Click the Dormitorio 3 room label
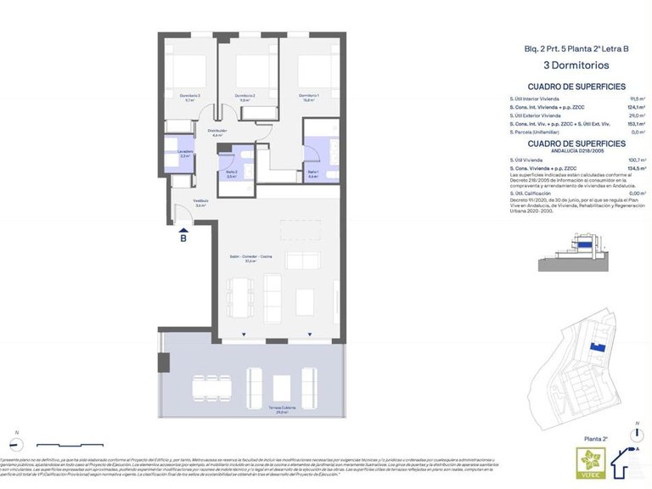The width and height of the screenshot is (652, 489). (x=189, y=97)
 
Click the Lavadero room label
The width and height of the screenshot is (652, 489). (x=185, y=154)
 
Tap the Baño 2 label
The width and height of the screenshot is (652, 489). (x=231, y=174)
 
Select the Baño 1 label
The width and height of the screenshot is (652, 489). (x=312, y=175)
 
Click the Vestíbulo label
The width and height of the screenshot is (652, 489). (x=200, y=202)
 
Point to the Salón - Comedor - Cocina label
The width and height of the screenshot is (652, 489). (x=250, y=259)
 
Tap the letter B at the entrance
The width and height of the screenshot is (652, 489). (x=183, y=239)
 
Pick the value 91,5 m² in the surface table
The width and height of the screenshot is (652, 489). (x=637, y=98)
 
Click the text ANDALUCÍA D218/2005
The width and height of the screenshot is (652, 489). (x=576, y=151)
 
